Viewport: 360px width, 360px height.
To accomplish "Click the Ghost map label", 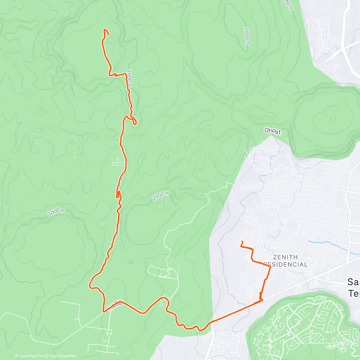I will pyautogui.click(x=272, y=131).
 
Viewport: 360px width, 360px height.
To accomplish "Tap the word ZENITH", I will pyautogui.click(x=285, y=257).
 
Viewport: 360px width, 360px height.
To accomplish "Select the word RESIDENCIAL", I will pyautogui.click(x=286, y=265).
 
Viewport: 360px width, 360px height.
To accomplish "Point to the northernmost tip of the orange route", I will pyautogui.click(x=105, y=29).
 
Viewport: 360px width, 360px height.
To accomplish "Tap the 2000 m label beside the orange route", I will pyautogui.click(x=129, y=78).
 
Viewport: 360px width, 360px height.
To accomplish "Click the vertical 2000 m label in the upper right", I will pyautogui.click(x=247, y=36).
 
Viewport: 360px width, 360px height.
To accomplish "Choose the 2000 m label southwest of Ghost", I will pyautogui.click(x=160, y=196).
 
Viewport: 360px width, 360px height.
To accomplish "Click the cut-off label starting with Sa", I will pyautogui.click(x=353, y=282).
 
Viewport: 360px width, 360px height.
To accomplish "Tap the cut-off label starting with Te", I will pyautogui.click(x=354, y=293).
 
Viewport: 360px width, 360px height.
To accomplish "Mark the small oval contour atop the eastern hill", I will pyautogui.click(x=333, y=119).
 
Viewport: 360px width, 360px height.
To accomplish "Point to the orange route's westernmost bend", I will pyautogui.click(x=89, y=285).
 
